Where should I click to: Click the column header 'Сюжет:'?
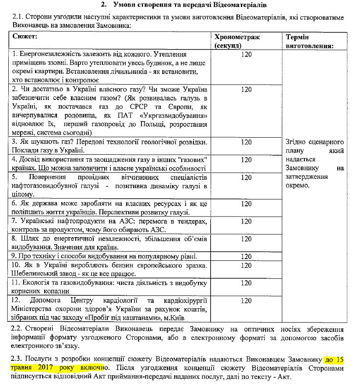click(x=25, y=37)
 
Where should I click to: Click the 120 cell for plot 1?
click(x=247, y=55)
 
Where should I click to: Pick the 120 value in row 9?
click(x=247, y=256)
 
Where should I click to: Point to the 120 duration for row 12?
click(x=247, y=301)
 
